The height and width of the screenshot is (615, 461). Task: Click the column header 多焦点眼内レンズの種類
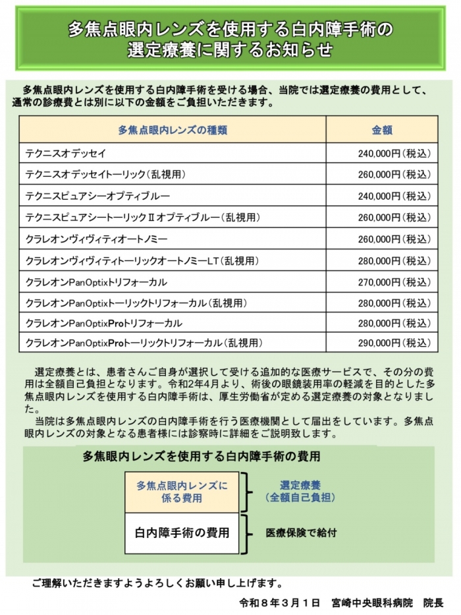[x=173, y=130]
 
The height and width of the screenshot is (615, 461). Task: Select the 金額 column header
[x=382, y=130]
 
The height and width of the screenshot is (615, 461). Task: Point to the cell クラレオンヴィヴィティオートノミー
[x=96, y=239]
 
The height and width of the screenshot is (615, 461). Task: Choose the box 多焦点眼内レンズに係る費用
[x=181, y=492]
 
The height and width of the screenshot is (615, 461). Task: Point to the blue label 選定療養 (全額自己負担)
[x=300, y=491]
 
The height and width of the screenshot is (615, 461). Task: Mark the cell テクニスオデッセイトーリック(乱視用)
[x=105, y=175]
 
